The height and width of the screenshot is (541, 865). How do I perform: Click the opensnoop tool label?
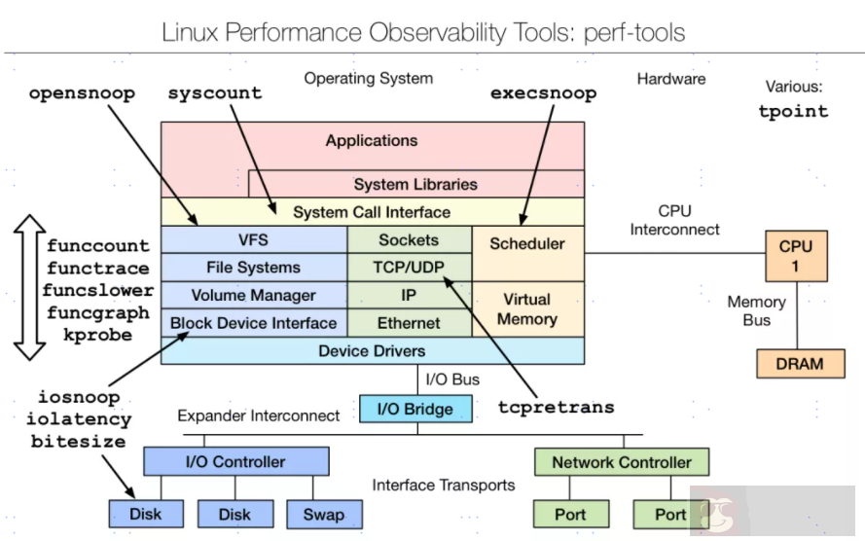pos(82,94)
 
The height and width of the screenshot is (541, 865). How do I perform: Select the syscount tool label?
pos(215,94)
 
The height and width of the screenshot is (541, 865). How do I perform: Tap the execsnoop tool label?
pos(543,94)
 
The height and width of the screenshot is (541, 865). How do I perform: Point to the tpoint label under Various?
pos(793,111)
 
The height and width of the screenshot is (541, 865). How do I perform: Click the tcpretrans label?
pos(556,407)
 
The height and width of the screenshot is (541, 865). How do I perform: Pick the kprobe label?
pos(97,335)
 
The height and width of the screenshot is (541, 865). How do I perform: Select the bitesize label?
pos(78,442)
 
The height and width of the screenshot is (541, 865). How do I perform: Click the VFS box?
pos(253,239)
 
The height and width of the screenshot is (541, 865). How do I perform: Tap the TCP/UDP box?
pos(409,268)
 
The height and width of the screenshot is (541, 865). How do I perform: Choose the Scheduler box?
pos(527,244)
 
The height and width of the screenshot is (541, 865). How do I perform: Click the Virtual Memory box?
pos(527,309)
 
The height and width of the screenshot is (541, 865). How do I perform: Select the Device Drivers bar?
pos(372,351)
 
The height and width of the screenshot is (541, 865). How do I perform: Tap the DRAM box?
pos(800,364)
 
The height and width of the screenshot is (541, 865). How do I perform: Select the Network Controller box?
pos(622,462)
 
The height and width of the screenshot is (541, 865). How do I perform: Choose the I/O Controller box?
pos(235,462)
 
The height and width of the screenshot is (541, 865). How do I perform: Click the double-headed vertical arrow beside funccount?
pos(28,287)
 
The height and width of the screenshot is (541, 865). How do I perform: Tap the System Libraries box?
pos(415,184)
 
